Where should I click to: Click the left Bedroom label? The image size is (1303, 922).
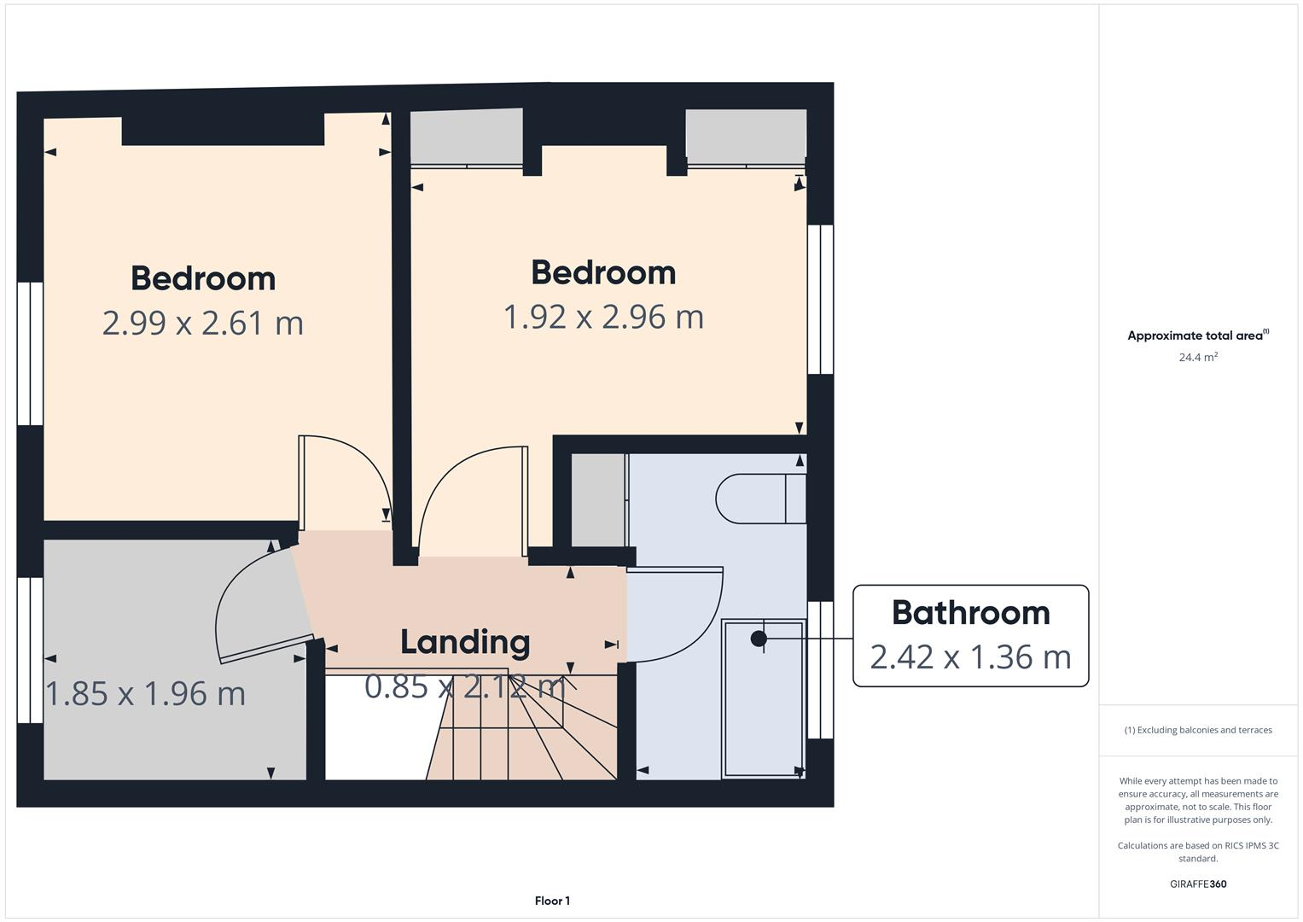(x=203, y=278)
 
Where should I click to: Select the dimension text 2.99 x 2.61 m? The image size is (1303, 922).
(x=203, y=324)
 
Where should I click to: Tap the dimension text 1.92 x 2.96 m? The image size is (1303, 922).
(x=603, y=317)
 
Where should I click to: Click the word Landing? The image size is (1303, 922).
(x=465, y=642)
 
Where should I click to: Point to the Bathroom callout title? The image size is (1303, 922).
(x=970, y=613)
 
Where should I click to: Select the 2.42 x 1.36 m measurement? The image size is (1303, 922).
(x=970, y=657)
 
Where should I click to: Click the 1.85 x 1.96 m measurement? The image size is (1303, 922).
(x=145, y=693)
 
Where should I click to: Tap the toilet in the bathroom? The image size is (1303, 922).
(x=759, y=499)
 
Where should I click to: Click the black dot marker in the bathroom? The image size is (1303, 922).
(x=759, y=639)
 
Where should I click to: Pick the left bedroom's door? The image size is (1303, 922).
(x=341, y=478)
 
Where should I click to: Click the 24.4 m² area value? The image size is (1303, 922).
(x=1198, y=358)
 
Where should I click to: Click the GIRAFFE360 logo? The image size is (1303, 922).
(x=1198, y=884)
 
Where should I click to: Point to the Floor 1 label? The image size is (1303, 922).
(x=552, y=901)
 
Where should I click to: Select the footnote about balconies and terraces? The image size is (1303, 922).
(x=1198, y=730)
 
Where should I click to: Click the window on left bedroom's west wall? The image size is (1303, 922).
(x=30, y=353)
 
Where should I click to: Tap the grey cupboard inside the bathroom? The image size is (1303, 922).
(x=598, y=499)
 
